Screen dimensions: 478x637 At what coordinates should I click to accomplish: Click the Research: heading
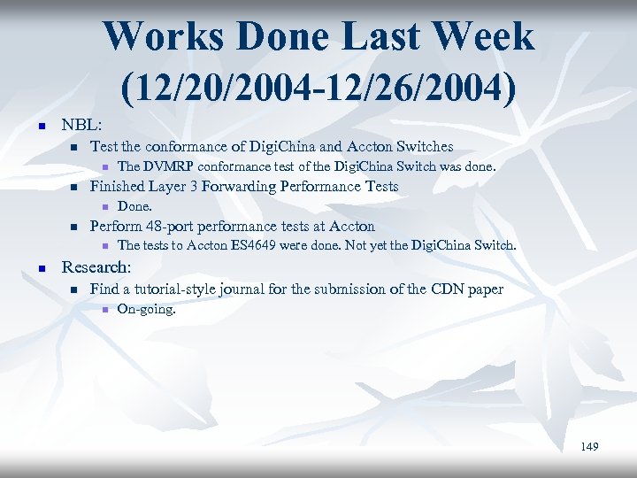96,266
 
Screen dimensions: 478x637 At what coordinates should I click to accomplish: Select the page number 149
589,447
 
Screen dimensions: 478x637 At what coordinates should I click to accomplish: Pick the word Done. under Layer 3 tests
135,206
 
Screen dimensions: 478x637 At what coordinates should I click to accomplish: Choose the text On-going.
147,310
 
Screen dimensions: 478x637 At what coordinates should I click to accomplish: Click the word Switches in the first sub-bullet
423,147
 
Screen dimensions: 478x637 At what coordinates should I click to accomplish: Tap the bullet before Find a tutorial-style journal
73,289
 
